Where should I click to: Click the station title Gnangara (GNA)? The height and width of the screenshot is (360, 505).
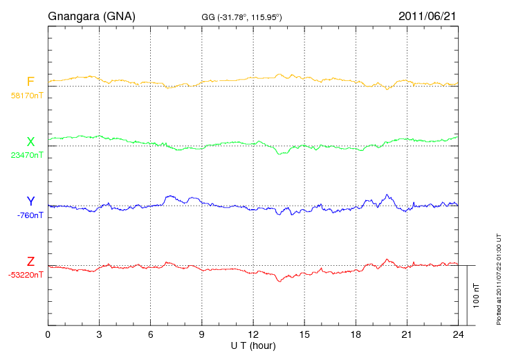(x=91, y=16)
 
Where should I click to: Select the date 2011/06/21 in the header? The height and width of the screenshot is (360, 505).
(x=427, y=16)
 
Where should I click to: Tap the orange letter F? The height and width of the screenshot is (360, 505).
(x=30, y=82)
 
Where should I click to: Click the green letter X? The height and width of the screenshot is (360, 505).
(x=30, y=142)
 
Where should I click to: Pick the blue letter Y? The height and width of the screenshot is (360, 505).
(x=30, y=201)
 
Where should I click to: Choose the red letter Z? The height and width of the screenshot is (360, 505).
(x=30, y=261)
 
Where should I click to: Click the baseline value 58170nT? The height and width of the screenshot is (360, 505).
(x=27, y=96)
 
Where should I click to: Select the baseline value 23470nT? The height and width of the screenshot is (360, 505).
(x=27, y=155)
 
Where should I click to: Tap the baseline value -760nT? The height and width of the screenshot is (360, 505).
(x=30, y=215)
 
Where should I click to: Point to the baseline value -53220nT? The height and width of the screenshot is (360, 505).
(x=27, y=275)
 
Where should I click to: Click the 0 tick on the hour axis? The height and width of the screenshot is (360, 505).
(x=48, y=335)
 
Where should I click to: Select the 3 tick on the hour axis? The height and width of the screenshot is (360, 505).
(x=99, y=335)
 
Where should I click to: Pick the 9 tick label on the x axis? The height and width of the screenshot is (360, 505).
(x=201, y=335)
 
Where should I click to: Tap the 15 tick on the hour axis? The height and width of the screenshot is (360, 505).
(x=304, y=335)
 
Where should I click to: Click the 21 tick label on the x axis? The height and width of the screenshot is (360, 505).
(x=407, y=335)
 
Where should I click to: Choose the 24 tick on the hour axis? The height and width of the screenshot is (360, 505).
(x=458, y=335)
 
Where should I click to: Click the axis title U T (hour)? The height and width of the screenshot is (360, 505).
(x=253, y=345)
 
